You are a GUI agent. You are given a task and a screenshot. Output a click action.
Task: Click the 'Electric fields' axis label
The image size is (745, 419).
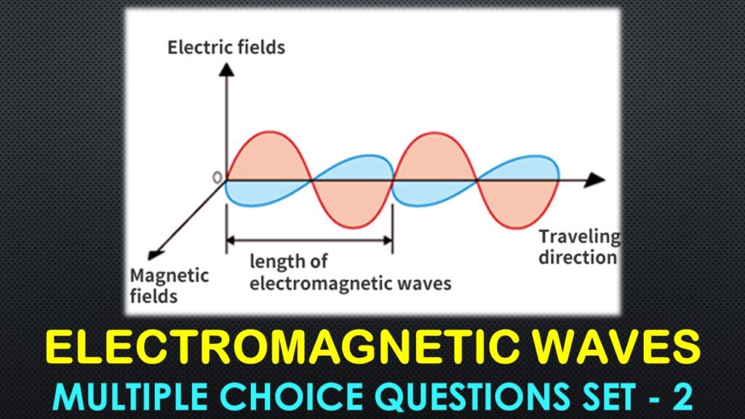(226, 48)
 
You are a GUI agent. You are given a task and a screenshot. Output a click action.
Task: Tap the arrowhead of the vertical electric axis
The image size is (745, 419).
(227, 70)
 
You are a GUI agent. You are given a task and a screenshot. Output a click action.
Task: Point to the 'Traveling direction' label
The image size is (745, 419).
(579, 247)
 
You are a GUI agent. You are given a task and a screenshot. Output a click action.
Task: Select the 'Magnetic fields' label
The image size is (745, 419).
(169, 285)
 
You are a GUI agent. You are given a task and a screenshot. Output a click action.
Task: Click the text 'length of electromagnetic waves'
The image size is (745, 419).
(350, 272)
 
